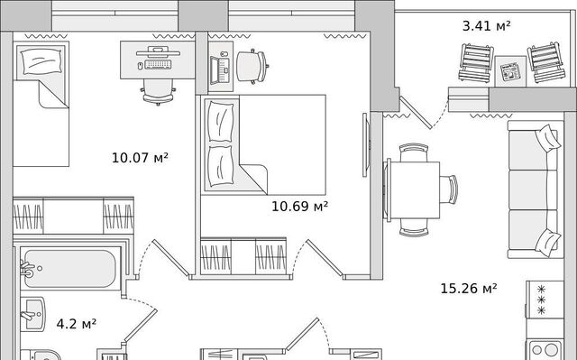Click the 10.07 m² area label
tap(140, 158)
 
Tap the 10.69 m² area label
tap(299, 206)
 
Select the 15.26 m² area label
tap(469, 288)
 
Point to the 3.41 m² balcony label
tap(486, 26)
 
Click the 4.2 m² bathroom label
tap(76, 324)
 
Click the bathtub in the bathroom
tap(70, 269)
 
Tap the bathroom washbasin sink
tap(32, 314)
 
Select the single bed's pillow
tap(41, 60)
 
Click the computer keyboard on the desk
tap(159, 64)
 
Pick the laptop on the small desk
tap(220, 70)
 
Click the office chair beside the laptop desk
tap(252, 66)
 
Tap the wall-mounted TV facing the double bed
tap(366, 145)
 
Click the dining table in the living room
tap(413, 190)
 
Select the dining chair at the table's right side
tap(449, 190)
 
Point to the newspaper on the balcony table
tap(510, 71)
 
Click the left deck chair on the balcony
tap(476, 62)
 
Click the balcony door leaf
tap(416, 112)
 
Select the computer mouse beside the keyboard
tap(140, 66)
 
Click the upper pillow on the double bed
tap(221, 122)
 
